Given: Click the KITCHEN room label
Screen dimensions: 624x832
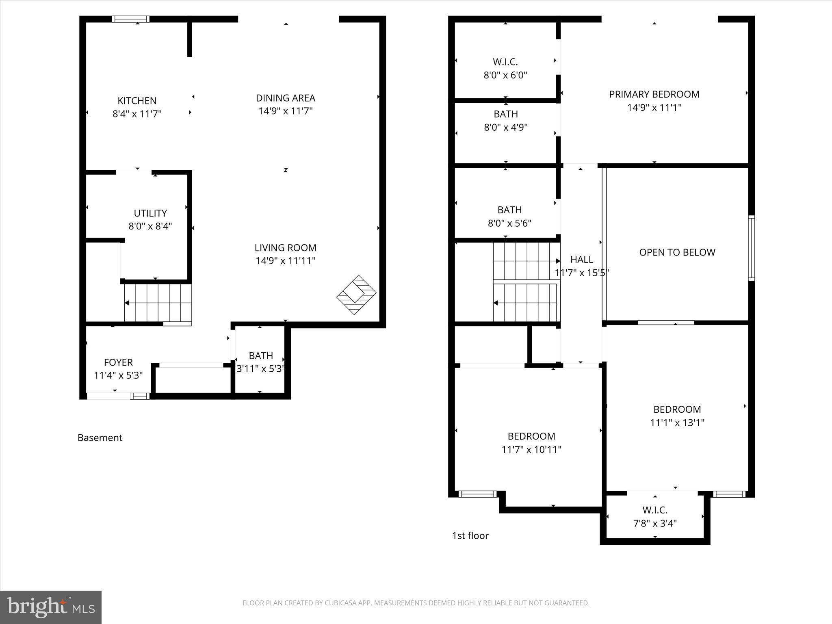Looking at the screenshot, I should pos(137,101).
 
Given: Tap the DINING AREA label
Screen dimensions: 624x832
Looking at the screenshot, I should pos(285,98).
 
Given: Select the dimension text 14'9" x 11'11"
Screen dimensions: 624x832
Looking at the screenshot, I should pos(285,261).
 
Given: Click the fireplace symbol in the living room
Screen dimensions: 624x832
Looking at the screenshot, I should pos(356,295).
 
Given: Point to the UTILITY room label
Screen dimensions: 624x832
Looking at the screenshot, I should pos(150,213).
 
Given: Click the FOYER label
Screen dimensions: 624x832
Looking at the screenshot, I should pos(118,362).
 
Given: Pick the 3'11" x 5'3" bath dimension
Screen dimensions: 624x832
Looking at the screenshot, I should pos(260,369).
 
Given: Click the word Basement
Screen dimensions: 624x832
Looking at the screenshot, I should pos(100,438).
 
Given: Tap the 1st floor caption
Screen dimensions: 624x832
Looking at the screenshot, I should pos(470,535).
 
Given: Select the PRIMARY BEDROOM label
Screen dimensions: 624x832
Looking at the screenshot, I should pos(654,94).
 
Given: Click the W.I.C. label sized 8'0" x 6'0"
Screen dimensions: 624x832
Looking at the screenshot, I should pos(505,62).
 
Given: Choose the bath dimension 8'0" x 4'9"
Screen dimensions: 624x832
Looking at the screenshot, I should pos(505,128).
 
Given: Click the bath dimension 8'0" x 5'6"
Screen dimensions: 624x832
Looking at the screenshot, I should pos(509,223).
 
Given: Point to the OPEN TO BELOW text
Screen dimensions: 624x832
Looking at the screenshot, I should pos(677,252).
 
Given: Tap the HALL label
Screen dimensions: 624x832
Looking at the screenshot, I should pos(581,260).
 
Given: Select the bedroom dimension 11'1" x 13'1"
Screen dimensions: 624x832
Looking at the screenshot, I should pos(677,423).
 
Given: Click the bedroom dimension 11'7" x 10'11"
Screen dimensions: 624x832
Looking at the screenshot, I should pos(531,450).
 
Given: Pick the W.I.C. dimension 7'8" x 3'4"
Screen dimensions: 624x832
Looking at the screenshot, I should pos(655,524).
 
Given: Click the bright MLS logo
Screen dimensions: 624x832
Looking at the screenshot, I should pos(51,607).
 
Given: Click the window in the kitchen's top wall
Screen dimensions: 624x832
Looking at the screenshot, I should pos(131,19).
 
